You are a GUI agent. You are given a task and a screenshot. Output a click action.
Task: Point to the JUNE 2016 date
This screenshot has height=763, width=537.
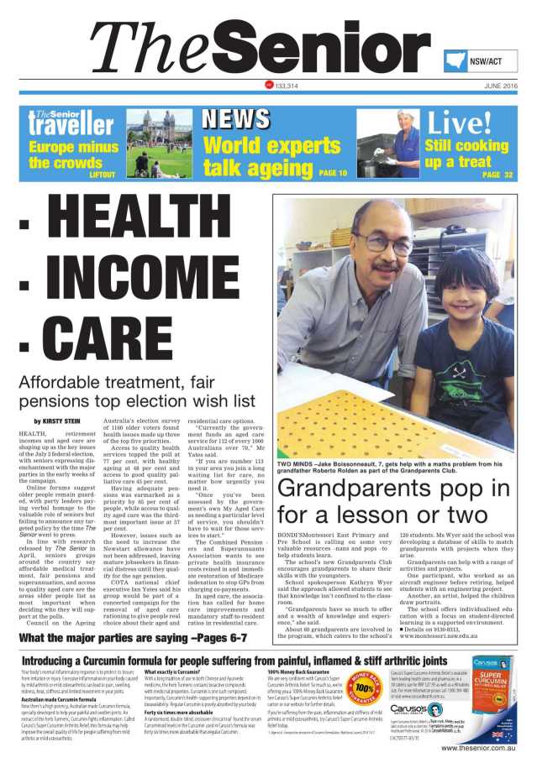pos(501,86)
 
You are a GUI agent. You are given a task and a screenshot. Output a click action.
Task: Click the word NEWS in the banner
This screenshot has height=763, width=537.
pos(234,119)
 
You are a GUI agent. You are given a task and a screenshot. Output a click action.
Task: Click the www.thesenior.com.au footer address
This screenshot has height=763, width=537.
pos(478,747)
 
